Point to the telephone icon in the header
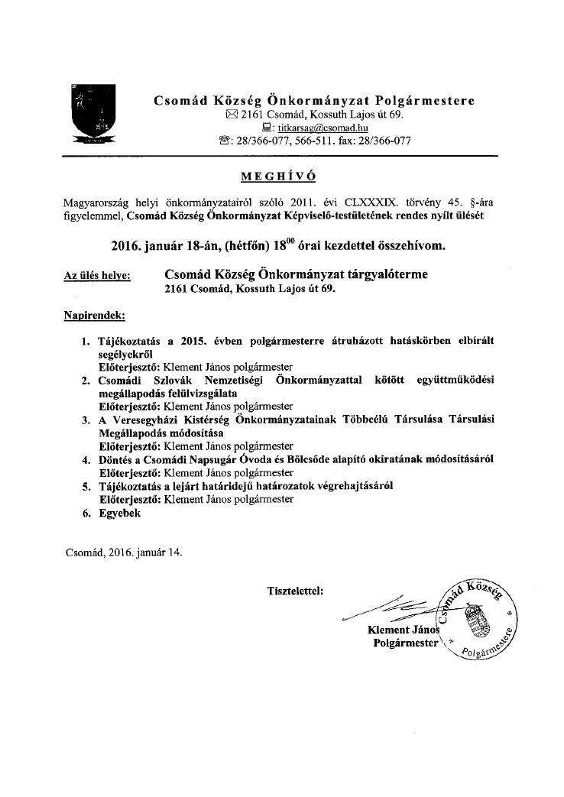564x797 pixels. [224, 141]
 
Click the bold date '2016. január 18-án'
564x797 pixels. [170, 246]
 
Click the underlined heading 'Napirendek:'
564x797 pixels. [95, 315]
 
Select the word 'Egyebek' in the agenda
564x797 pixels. [121, 514]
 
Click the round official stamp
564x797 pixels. [475, 617]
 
